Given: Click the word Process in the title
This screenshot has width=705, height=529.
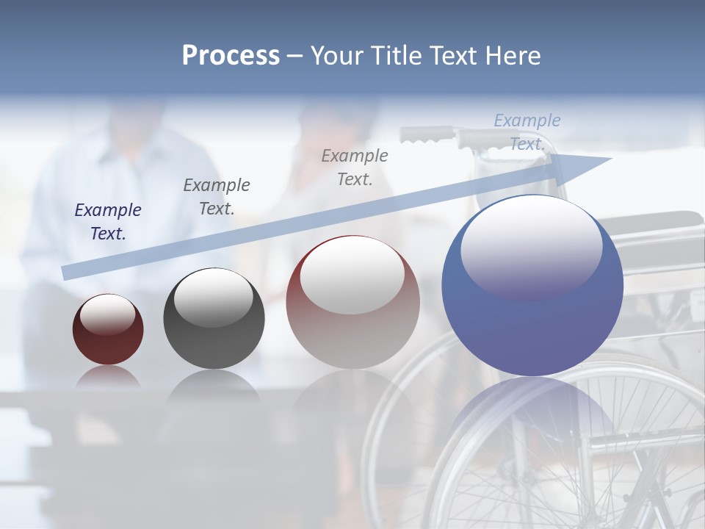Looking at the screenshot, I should (x=231, y=56).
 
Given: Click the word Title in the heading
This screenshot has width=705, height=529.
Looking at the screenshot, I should (x=395, y=56).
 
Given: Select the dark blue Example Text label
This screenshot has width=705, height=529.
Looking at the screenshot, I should (x=108, y=222).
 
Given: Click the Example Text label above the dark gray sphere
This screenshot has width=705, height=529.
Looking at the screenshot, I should (x=217, y=197).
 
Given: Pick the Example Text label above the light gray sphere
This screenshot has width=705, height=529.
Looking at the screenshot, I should (x=355, y=168).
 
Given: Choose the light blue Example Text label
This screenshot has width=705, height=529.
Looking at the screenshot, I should (x=527, y=132).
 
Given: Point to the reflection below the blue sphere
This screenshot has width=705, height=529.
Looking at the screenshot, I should (x=532, y=411).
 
